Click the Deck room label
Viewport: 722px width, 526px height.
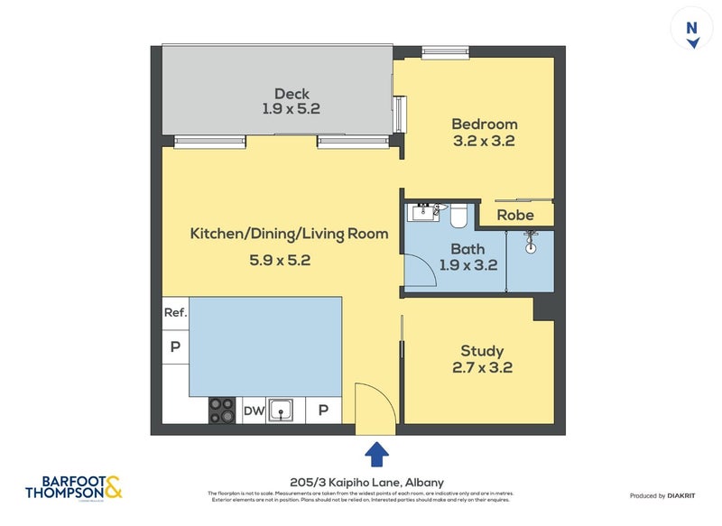click(292, 94)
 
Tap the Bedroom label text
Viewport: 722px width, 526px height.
click(484, 125)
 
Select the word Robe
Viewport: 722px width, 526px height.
click(515, 215)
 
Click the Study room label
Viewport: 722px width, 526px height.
click(482, 351)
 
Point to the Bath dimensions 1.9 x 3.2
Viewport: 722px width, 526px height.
click(467, 265)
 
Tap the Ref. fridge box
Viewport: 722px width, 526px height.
click(175, 313)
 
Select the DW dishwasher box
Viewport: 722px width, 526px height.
click(255, 411)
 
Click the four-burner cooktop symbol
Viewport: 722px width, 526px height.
click(222, 411)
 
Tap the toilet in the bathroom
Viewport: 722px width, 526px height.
click(457, 215)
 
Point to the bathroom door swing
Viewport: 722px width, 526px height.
click(418, 270)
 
